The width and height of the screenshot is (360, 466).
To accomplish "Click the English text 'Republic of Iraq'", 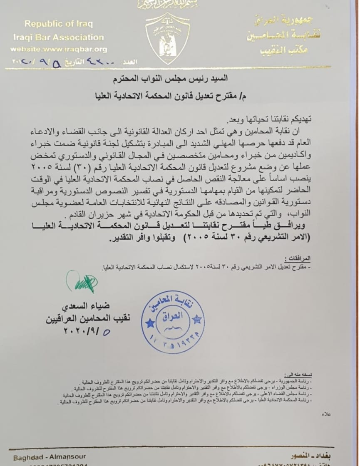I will click(x=58, y=24).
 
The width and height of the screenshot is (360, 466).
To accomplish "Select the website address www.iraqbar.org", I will click(x=59, y=49).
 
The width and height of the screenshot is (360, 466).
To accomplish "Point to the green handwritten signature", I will click(x=82, y=283).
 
